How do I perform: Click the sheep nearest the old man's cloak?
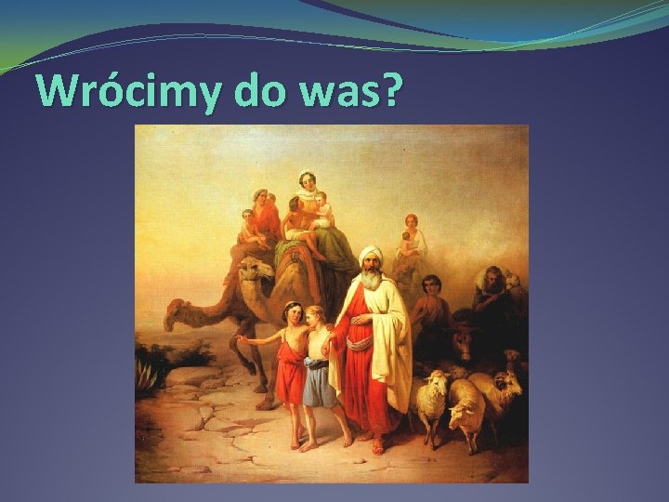432,395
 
